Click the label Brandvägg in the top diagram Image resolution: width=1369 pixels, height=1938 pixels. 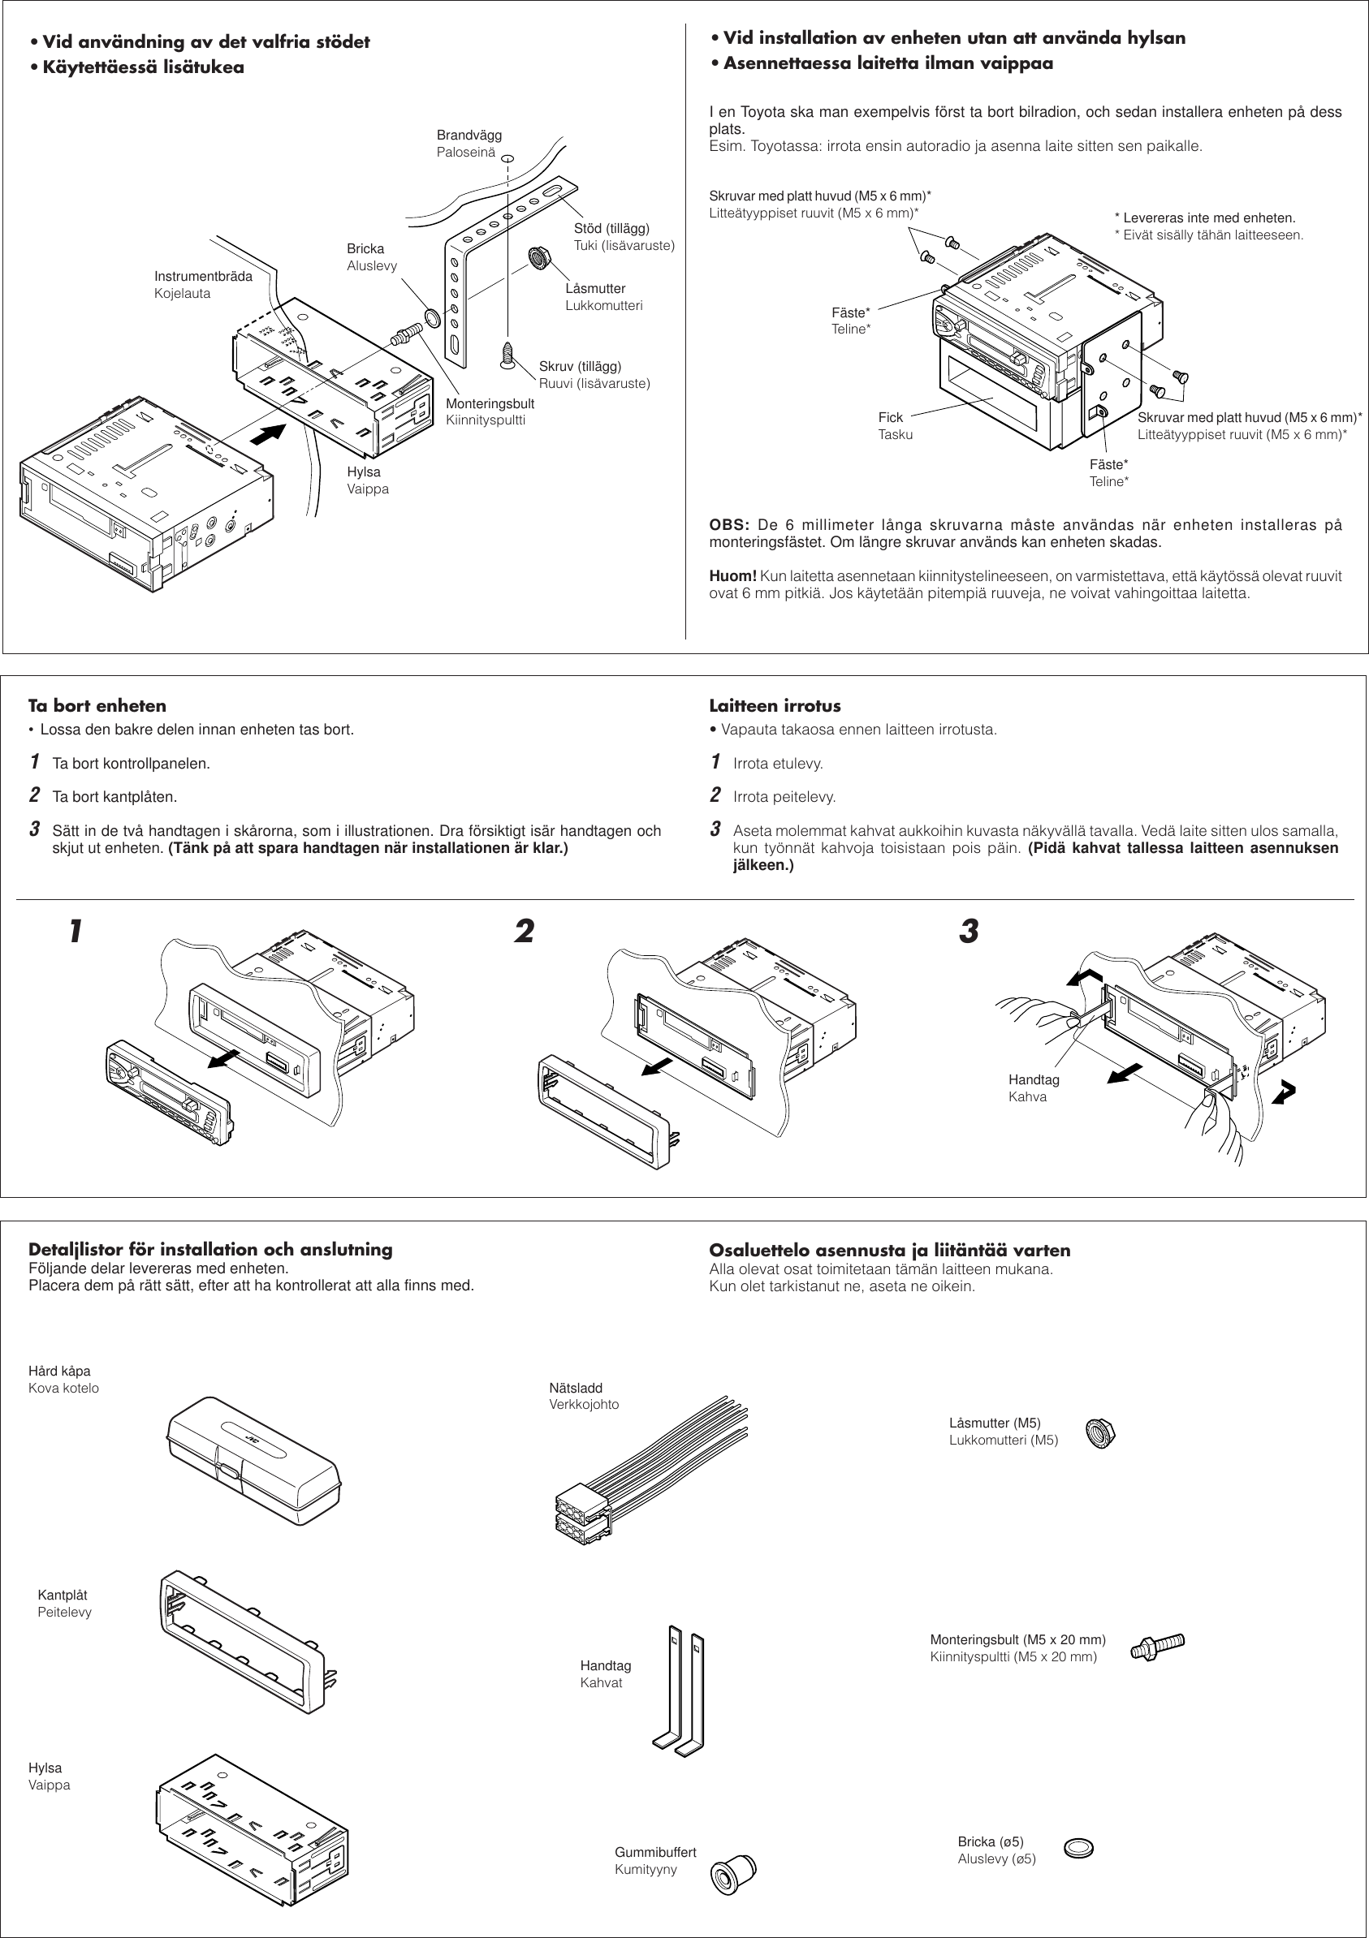pyautogui.click(x=469, y=135)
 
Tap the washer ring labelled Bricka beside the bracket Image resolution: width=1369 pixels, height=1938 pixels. pyautogui.click(x=431, y=317)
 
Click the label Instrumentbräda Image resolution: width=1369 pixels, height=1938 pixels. pyautogui.click(x=203, y=277)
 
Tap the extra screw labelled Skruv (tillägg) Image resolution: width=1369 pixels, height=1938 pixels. pyautogui.click(x=507, y=355)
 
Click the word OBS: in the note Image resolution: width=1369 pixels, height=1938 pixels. pyautogui.click(x=729, y=525)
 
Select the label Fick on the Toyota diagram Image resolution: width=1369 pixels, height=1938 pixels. pyautogui.click(x=890, y=418)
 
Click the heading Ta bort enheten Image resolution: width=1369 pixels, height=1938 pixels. pyautogui.click(x=97, y=705)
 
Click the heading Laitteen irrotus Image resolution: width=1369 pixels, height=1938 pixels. pyautogui.click(x=775, y=705)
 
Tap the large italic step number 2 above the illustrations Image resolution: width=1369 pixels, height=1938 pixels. pyautogui.click(x=524, y=932)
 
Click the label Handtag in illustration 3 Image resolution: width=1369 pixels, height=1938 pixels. pyautogui.click(x=1033, y=1080)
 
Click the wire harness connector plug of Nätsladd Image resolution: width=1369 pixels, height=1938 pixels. pyautogui.click(x=582, y=1514)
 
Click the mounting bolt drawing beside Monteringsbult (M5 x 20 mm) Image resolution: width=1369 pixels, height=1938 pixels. pyautogui.click(x=1157, y=1647)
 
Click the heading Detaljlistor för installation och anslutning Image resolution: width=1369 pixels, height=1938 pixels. pyautogui.click(x=210, y=1250)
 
